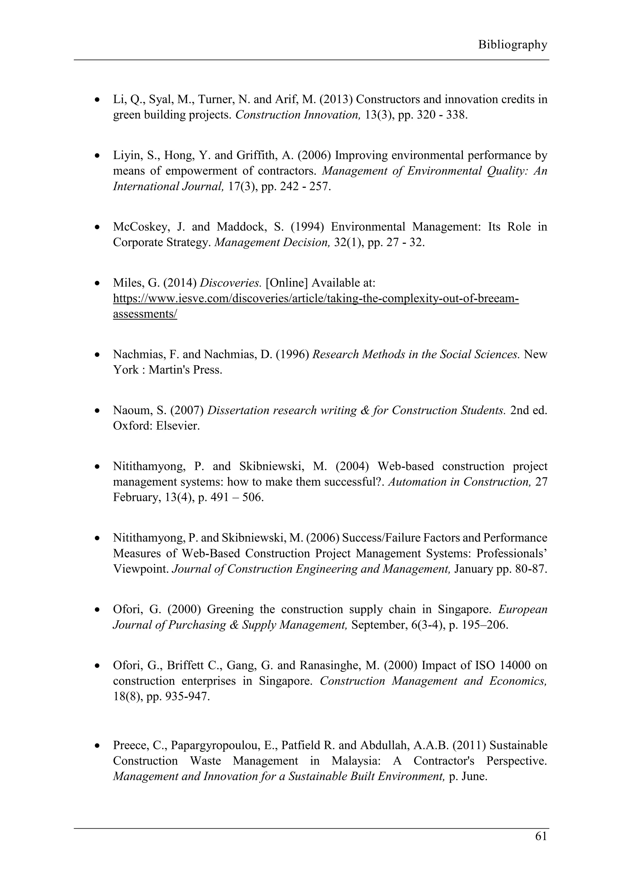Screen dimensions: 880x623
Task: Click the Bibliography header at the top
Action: click(512, 45)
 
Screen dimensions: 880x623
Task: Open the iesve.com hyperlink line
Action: click(316, 299)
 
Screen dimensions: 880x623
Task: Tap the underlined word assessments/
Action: click(145, 314)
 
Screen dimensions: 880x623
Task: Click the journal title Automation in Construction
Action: click(459, 482)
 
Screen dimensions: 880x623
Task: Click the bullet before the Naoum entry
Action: click(98, 411)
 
